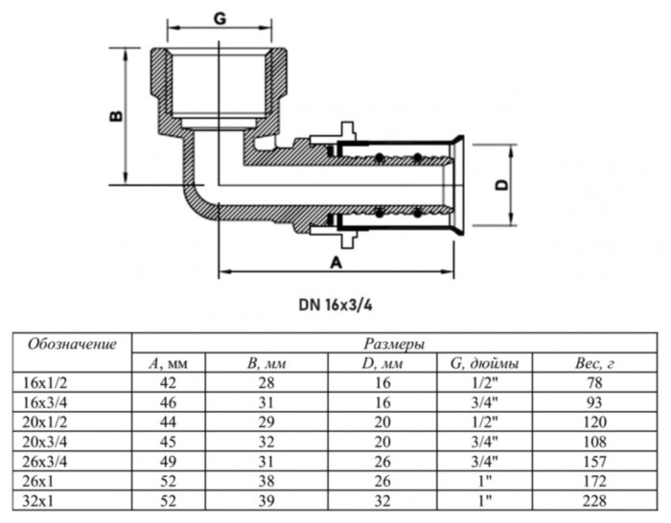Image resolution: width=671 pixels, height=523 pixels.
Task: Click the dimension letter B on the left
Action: (x=114, y=116)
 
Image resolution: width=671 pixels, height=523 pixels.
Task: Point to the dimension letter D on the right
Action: (x=500, y=186)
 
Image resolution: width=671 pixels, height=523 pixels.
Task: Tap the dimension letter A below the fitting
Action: (x=336, y=261)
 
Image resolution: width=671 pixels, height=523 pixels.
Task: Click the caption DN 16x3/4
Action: (x=335, y=307)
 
